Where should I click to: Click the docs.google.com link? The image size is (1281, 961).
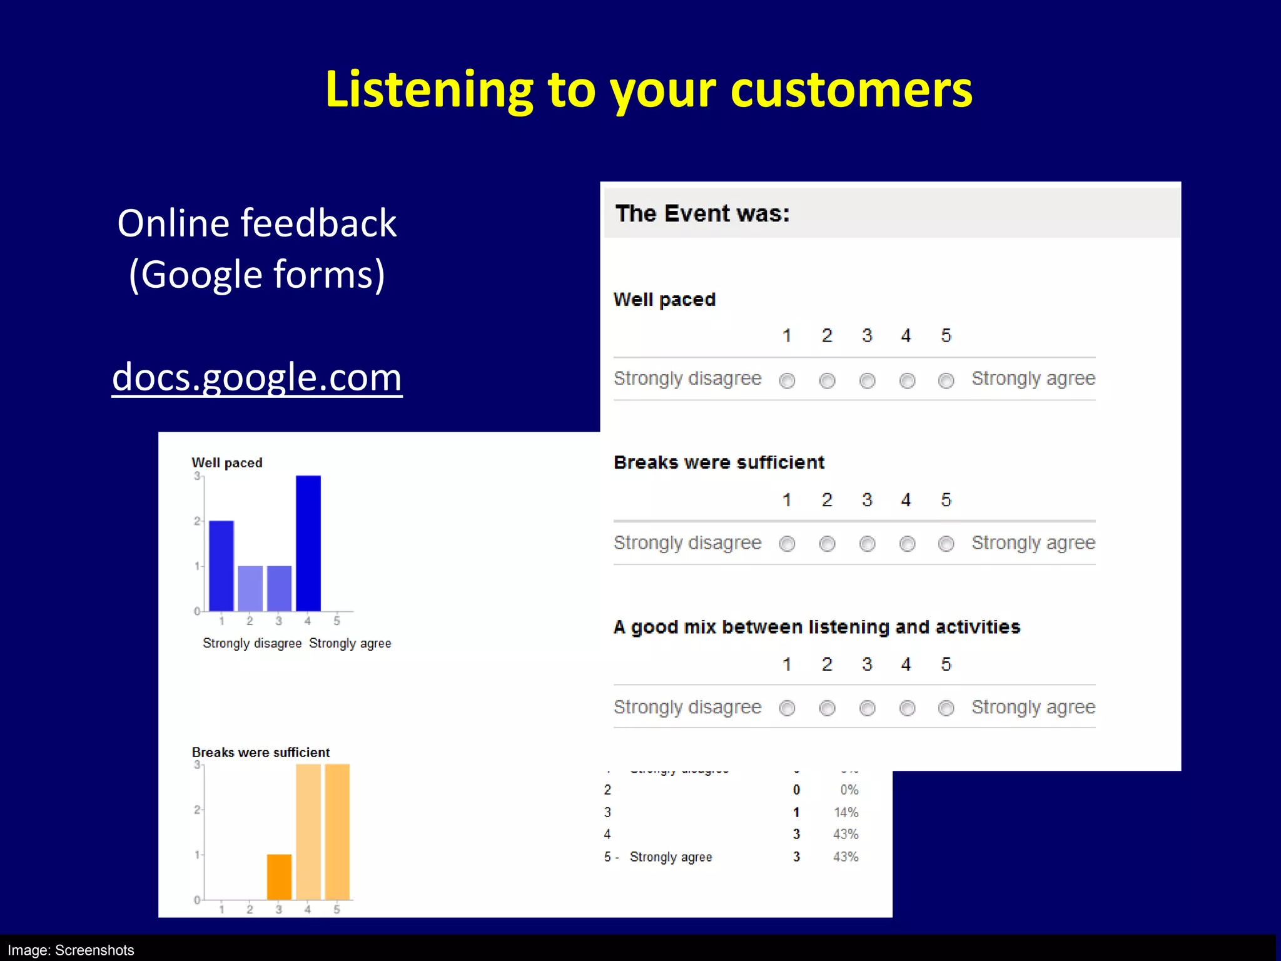pyautogui.click(x=256, y=377)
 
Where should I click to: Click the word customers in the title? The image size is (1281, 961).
pyautogui.click(x=851, y=89)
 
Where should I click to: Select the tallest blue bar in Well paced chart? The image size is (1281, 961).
pyautogui.click(x=308, y=543)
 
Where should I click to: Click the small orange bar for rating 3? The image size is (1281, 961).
pyautogui.click(x=279, y=877)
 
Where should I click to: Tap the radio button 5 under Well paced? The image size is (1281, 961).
pyautogui.click(x=946, y=380)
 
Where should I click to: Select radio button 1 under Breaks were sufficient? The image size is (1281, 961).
pyautogui.click(x=787, y=544)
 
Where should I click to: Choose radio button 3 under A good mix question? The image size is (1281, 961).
pyautogui.click(x=867, y=708)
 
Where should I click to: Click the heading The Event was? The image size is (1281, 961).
pyautogui.click(x=702, y=213)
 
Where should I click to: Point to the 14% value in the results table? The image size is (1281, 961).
pyautogui.click(x=846, y=812)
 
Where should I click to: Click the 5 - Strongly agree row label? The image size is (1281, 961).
pyautogui.click(x=658, y=857)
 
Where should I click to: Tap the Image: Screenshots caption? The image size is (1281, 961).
pyautogui.click(x=71, y=950)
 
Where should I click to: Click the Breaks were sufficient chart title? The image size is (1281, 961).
pyautogui.click(x=260, y=752)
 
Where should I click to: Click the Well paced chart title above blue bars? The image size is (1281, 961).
pyautogui.click(x=226, y=463)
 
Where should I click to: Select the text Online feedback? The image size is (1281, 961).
pyautogui.click(x=256, y=223)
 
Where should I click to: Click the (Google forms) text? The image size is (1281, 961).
pyautogui.click(x=256, y=274)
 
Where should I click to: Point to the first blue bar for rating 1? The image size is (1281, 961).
pyautogui.click(x=221, y=566)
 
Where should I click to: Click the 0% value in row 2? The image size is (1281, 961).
pyautogui.click(x=849, y=790)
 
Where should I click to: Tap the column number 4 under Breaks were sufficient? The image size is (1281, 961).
pyautogui.click(x=906, y=500)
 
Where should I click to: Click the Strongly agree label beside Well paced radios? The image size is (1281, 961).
pyautogui.click(x=1033, y=379)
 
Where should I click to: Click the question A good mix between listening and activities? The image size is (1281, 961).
pyautogui.click(x=816, y=627)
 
